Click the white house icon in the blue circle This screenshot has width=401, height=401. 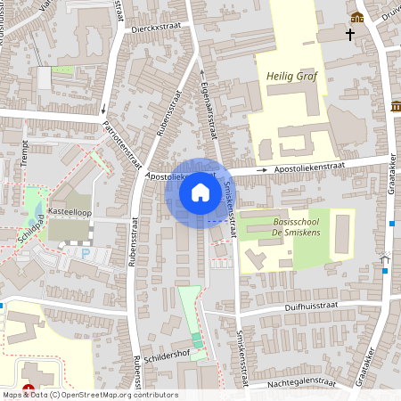pos(200,192)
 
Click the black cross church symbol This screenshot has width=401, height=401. pos(350,36)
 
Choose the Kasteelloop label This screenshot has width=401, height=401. pos(70,211)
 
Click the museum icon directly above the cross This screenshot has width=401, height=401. pos(357,18)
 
